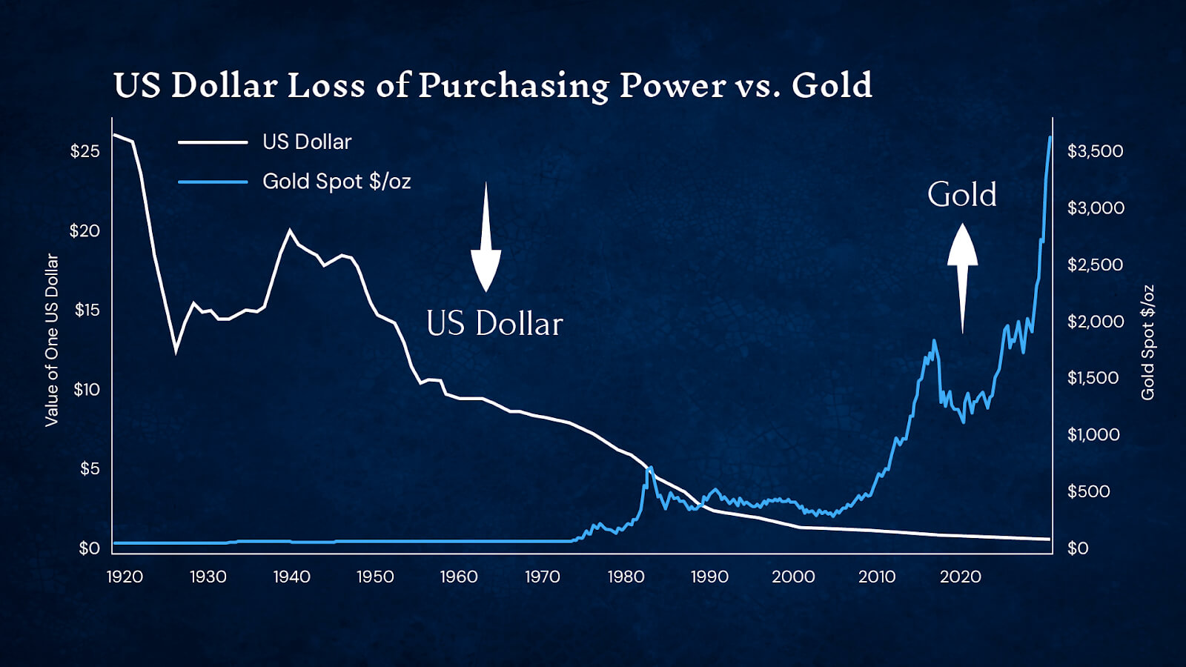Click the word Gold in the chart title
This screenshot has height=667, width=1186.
[x=832, y=85]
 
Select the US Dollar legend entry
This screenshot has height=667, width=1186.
[x=306, y=142]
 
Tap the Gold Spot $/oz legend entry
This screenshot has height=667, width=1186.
[x=336, y=182]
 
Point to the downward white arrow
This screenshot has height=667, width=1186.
[x=486, y=237]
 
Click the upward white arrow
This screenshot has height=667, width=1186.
[x=962, y=278]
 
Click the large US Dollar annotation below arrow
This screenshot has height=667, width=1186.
[x=494, y=324]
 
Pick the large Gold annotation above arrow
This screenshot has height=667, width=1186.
[x=961, y=195]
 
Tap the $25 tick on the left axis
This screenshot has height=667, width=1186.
[x=85, y=151]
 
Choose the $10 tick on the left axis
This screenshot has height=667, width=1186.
[x=86, y=389]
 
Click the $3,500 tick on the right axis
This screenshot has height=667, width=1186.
[x=1095, y=151]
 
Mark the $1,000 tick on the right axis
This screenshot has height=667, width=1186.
[x=1093, y=434]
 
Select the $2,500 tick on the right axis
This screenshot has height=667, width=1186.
[x=1095, y=265]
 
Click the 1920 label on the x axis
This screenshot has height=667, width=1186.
[x=125, y=577]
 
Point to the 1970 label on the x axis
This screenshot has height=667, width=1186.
[x=543, y=577]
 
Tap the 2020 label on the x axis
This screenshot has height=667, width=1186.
[x=960, y=577]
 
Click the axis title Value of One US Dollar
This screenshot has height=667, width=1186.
[x=51, y=340]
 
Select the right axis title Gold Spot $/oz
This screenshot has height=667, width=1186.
[x=1147, y=342]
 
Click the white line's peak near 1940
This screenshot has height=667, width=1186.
[x=290, y=230]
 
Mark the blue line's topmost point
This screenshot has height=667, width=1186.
[x=1050, y=137]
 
